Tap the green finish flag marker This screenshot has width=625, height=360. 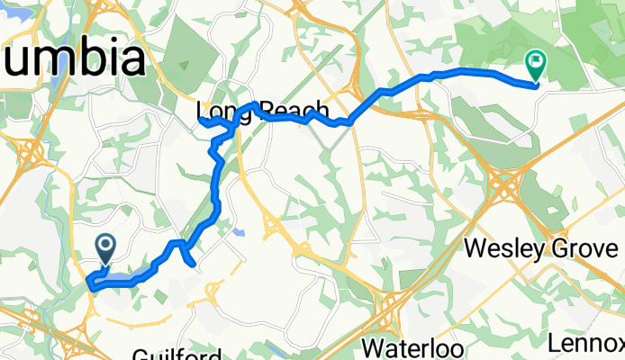coord(535,64)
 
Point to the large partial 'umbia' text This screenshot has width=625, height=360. coord(72,59)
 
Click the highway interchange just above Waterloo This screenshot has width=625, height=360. coord(389,310)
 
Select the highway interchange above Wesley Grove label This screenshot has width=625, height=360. coord(503,189)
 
